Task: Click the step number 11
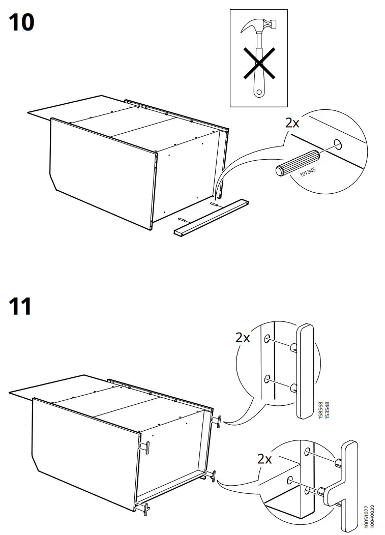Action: (x=21, y=307)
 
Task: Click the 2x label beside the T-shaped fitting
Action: (x=264, y=459)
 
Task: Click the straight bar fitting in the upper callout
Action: (x=305, y=370)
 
